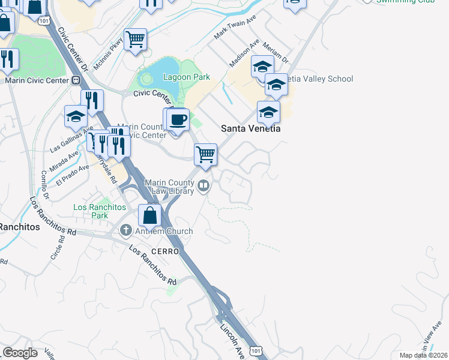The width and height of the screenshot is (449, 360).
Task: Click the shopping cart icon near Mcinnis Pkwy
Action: click(136, 40)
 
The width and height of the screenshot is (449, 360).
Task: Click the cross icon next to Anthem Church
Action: click(125, 230)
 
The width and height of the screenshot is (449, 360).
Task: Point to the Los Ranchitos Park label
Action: click(100, 211)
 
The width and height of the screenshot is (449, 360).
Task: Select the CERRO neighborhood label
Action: click(165, 251)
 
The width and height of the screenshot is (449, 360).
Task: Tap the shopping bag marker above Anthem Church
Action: click(150, 215)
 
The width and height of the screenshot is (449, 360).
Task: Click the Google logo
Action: click(20, 353)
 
